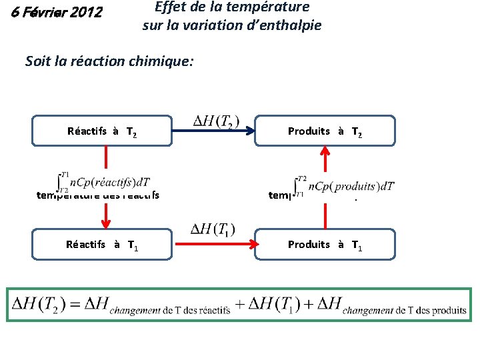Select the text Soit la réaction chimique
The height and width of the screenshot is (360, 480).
click(x=109, y=61)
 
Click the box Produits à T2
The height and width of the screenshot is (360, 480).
click(x=325, y=131)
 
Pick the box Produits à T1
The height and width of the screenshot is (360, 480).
click(x=325, y=245)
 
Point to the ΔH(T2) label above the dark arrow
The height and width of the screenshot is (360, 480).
click(x=213, y=121)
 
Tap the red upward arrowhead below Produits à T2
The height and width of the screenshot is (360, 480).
click(x=325, y=152)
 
